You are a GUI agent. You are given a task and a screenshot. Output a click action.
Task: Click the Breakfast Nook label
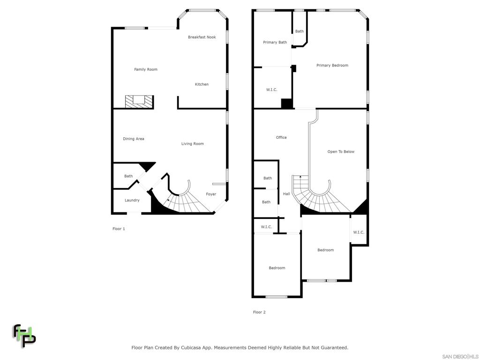tap(202, 37)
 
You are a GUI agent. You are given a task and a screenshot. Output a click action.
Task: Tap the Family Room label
tap(146, 69)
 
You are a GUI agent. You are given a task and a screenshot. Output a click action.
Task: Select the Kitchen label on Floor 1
tap(202, 84)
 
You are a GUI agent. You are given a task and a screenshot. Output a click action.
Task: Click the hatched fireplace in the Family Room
tap(139, 101)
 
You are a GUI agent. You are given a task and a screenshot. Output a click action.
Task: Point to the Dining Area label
tap(134, 139)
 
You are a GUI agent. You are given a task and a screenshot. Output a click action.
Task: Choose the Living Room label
tap(192, 144)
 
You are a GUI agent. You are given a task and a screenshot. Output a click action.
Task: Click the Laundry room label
tap(132, 200)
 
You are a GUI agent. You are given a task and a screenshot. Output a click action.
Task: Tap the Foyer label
tap(211, 194)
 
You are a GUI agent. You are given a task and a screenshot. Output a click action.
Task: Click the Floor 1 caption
tap(119, 229)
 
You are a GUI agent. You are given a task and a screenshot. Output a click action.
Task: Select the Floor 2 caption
tap(259, 312)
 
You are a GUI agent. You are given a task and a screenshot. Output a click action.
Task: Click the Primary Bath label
tap(275, 43)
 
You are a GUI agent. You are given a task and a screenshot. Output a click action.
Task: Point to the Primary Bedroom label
tap(332, 66)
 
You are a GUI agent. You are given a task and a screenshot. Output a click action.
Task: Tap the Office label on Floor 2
tap(281, 137)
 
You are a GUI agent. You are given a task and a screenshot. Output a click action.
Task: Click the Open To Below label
tap(341, 152)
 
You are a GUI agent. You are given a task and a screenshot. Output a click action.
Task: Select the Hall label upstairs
tap(286, 194)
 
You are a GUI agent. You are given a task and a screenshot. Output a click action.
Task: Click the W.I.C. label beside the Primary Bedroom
tap(272, 90)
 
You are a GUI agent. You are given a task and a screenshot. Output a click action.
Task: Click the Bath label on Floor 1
tap(128, 176)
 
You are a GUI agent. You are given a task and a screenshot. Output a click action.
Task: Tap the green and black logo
tap(24, 335)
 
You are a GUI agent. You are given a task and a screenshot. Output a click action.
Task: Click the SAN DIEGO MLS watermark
tap(460, 356)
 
